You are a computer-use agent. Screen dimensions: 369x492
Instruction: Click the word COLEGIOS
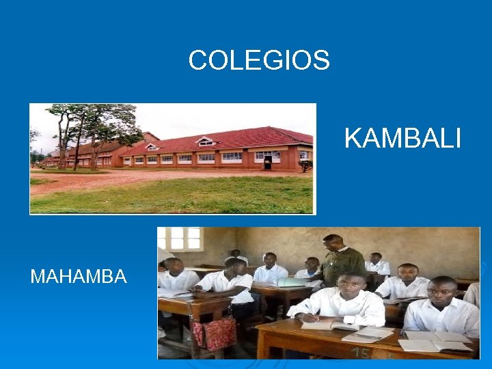click(x=259, y=61)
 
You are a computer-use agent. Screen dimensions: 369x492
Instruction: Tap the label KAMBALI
click(x=402, y=139)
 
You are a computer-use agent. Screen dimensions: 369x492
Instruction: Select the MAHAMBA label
click(x=79, y=277)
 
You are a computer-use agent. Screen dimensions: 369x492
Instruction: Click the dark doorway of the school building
click(x=268, y=163)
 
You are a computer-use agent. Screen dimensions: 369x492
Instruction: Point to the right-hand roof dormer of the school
click(x=204, y=141)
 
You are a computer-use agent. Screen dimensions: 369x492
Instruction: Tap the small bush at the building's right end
click(x=305, y=165)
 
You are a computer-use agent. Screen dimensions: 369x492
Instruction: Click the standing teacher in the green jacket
click(x=341, y=263)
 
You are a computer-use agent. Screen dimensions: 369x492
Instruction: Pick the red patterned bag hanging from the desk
click(x=215, y=333)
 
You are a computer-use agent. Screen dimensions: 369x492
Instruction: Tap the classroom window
click(x=184, y=238)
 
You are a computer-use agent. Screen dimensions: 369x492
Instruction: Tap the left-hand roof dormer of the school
click(x=152, y=146)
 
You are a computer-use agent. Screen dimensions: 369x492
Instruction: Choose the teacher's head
click(x=333, y=242)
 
